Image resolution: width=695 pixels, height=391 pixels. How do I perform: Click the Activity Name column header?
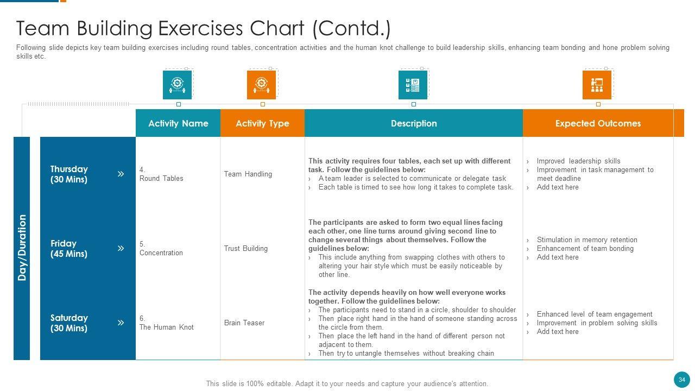click(x=178, y=123)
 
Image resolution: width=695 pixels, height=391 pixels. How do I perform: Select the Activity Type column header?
click(x=262, y=123)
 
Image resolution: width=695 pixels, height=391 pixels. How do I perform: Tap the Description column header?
click(x=413, y=123)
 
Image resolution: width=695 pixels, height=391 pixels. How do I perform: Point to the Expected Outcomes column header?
click(x=598, y=123)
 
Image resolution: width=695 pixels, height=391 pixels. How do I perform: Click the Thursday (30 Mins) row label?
click(x=69, y=174)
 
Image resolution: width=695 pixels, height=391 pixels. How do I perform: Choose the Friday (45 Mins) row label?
click(x=69, y=249)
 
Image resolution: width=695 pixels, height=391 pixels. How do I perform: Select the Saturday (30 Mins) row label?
click(x=69, y=323)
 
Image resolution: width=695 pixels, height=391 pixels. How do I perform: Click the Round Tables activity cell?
click(x=161, y=178)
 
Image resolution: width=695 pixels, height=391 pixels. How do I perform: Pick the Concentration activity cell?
click(x=161, y=253)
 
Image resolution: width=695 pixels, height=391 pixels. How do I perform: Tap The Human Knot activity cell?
click(x=166, y=327)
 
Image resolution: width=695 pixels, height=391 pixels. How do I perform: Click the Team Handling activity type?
click(x=248, y=174)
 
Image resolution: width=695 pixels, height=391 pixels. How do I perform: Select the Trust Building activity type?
click(x=246, y=248)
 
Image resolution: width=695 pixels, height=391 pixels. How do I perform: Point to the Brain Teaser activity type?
click(x=244, y=323)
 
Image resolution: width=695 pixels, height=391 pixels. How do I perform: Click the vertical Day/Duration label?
click(x=22, y=248)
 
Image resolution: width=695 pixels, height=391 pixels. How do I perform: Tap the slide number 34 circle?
click(x=682, y=380)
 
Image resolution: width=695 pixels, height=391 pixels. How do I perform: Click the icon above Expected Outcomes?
click(x=597, y=85)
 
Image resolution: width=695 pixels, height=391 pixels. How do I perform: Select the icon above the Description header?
click(x=413, y=85)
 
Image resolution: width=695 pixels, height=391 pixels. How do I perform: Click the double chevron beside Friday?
click(x=121, y=248)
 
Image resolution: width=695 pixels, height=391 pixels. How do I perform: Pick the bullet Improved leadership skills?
click(x=578, y=161)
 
